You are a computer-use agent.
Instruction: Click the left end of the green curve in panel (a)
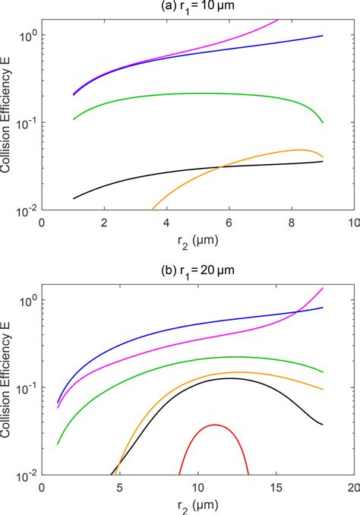(x=73, y=119)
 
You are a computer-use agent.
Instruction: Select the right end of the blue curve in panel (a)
(x=323, y=36)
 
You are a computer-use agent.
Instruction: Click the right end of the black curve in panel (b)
(x=323, y=424)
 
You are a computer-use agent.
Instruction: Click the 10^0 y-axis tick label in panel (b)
(x=27, y=301)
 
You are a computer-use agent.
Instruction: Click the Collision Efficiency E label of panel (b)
(x=8, y=387)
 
